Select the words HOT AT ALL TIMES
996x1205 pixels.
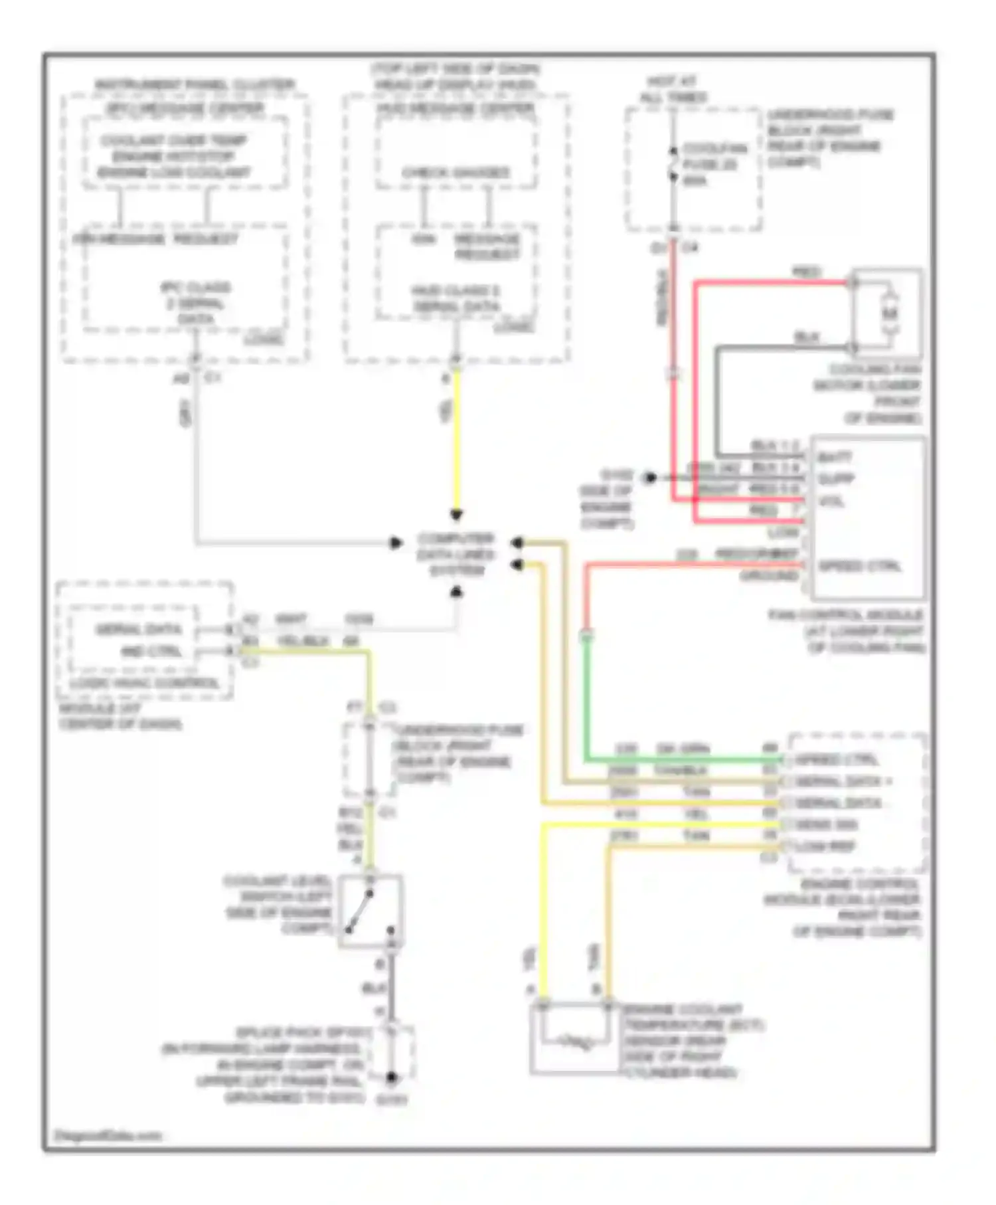click(673, 90)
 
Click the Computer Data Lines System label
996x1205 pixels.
click(456, 554)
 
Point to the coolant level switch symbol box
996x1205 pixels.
click(370, 911)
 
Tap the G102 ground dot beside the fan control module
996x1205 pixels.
click(650, 477)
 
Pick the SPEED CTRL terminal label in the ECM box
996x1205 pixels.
click(835, 759)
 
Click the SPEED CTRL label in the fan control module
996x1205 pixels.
click(859, 566)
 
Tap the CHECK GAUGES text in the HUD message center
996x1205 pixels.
click(456, 173)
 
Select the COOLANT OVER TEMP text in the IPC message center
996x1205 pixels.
click(173, 141)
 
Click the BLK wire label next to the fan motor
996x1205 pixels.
click(807, 337)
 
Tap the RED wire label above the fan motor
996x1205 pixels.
click(807, 272)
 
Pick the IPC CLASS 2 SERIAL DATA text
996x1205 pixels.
click(195, 303)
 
